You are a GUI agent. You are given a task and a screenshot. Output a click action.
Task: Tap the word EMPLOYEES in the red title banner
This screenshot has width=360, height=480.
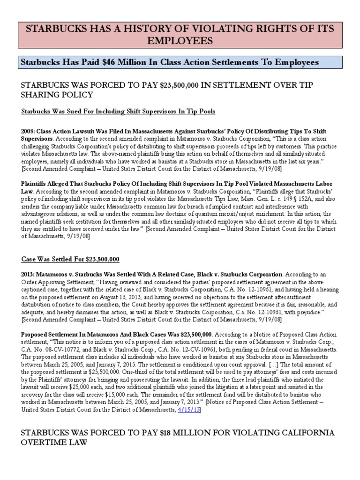click(180, 41)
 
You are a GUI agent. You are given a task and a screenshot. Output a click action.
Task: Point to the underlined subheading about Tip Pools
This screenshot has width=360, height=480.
click(119, 112)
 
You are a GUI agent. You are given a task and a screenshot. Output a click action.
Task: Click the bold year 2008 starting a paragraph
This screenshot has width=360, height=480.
click(28, 131)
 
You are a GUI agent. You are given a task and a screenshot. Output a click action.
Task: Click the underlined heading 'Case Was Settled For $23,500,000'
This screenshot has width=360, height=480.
click(70, 259)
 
